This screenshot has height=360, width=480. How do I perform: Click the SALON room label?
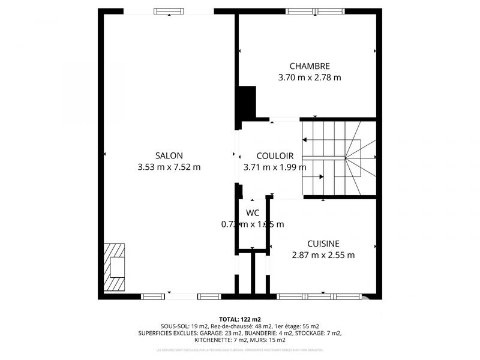coord(169,155)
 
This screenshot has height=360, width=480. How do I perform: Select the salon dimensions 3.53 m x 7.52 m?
coord(169,167)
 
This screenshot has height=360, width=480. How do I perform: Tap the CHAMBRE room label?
coord(310,66)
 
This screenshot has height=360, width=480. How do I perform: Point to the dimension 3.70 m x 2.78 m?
coord(310,77)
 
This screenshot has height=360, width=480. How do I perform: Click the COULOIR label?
coord(275,155)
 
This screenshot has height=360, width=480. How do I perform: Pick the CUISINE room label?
coord(323,244)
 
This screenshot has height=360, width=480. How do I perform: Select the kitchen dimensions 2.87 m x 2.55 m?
coord(323,255)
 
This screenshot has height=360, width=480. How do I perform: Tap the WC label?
coord(253,212)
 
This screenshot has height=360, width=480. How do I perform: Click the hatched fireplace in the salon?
coord(115,267)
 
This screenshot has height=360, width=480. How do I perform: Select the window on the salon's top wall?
coord(169,11)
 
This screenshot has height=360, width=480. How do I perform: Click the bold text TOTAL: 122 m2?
coord(240,319)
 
